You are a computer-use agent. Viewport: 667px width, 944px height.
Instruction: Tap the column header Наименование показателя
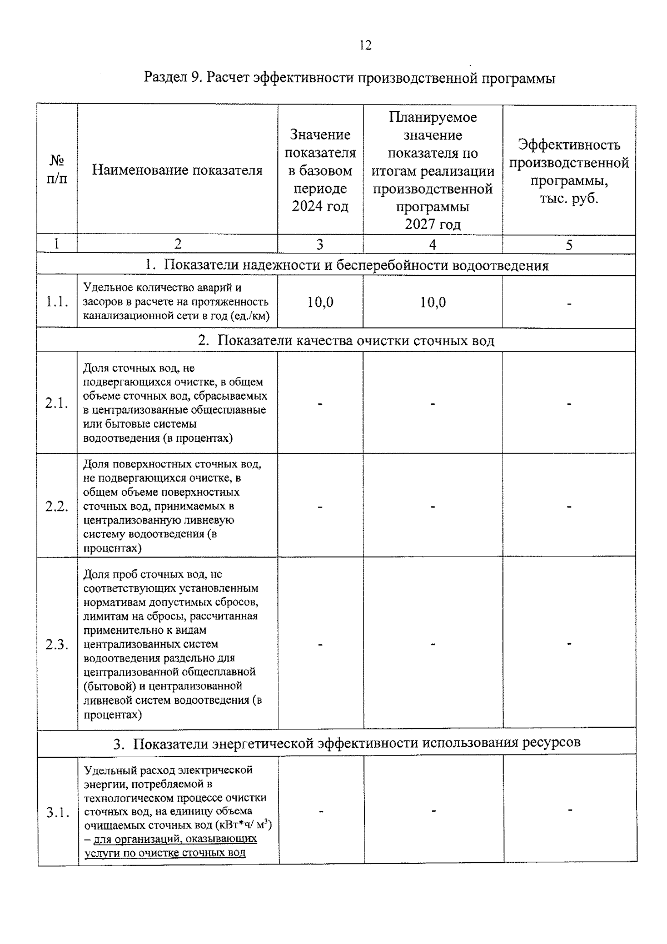click(x=177, y=170)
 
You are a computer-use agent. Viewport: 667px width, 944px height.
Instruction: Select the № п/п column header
click(x=57, y=170)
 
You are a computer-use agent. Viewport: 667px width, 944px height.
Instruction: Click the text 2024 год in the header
click(x=320, y=207)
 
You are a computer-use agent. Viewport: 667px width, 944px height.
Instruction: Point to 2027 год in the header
click(x=432, y=225)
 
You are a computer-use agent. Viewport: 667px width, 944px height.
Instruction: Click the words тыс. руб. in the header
click(x=569, y=198)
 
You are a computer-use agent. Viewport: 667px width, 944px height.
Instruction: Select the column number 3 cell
click(x=320, y=245)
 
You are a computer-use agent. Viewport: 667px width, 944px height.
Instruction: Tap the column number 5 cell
click(x=569, y=245)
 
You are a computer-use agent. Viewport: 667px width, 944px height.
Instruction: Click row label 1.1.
click(x=57, y=302)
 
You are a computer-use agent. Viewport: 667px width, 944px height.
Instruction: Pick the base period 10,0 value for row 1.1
click(x=320, y=302)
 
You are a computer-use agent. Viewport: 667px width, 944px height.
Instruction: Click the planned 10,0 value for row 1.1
click(x=432, y=302)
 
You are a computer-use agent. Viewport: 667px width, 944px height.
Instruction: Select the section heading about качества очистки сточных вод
click(x=346, y=340)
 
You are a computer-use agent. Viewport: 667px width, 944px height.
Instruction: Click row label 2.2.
click(x=57, y=506)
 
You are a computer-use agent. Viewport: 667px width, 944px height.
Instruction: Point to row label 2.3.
click(x=57, y=644)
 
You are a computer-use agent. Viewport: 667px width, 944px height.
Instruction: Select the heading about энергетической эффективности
click(x=347, y=743)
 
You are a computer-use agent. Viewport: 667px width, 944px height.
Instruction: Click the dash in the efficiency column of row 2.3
click(x=569, y=644)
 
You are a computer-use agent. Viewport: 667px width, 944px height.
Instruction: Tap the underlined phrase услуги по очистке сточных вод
click(x=165, y=853)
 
